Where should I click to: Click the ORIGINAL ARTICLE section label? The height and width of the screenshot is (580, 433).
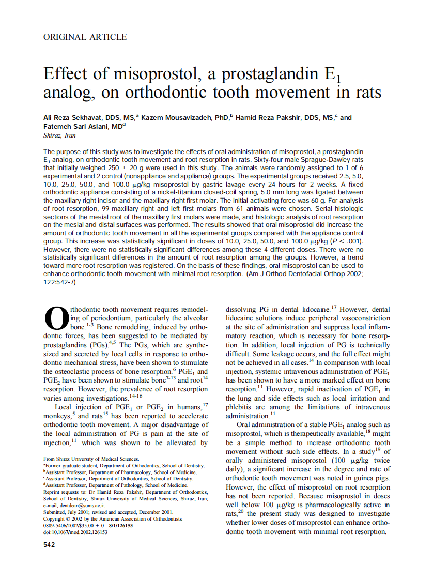coord(85,37)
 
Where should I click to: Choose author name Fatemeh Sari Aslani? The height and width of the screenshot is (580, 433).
coord(74,127)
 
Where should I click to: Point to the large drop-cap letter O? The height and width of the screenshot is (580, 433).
coord(56,318)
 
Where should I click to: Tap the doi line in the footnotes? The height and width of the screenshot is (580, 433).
coord(75,532)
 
